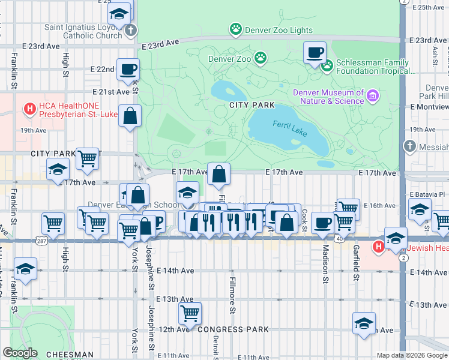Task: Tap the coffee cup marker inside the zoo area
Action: tap(315, 53)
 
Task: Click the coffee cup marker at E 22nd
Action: tap(128, 69)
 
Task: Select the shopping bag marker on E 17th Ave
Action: tap(220, 174)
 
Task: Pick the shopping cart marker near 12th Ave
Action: tap(190, 313)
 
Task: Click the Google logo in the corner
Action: tap(20, 353)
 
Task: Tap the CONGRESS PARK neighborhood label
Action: tap(232, 329)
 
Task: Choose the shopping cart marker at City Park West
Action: tap(88, 158)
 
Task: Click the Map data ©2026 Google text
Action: tap(411, 355)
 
